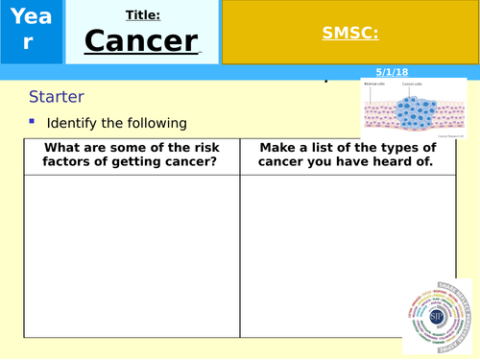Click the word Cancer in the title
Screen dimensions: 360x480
point(142,41)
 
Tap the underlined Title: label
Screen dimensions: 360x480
point(143,14)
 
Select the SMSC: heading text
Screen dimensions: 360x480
point(349,33)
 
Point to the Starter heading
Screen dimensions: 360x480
point(57,97)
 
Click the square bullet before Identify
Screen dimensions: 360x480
point(32,122)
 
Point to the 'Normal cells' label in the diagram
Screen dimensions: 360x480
point(376,84)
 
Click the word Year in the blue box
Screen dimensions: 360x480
point(32,28)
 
